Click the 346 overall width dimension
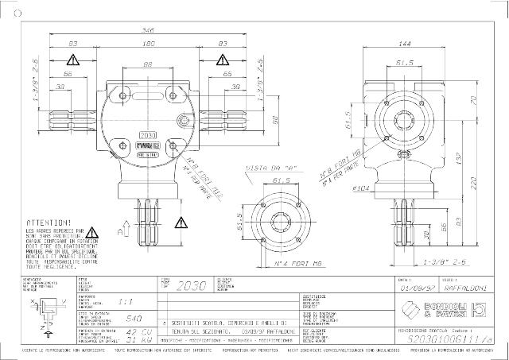coord(149,29)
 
